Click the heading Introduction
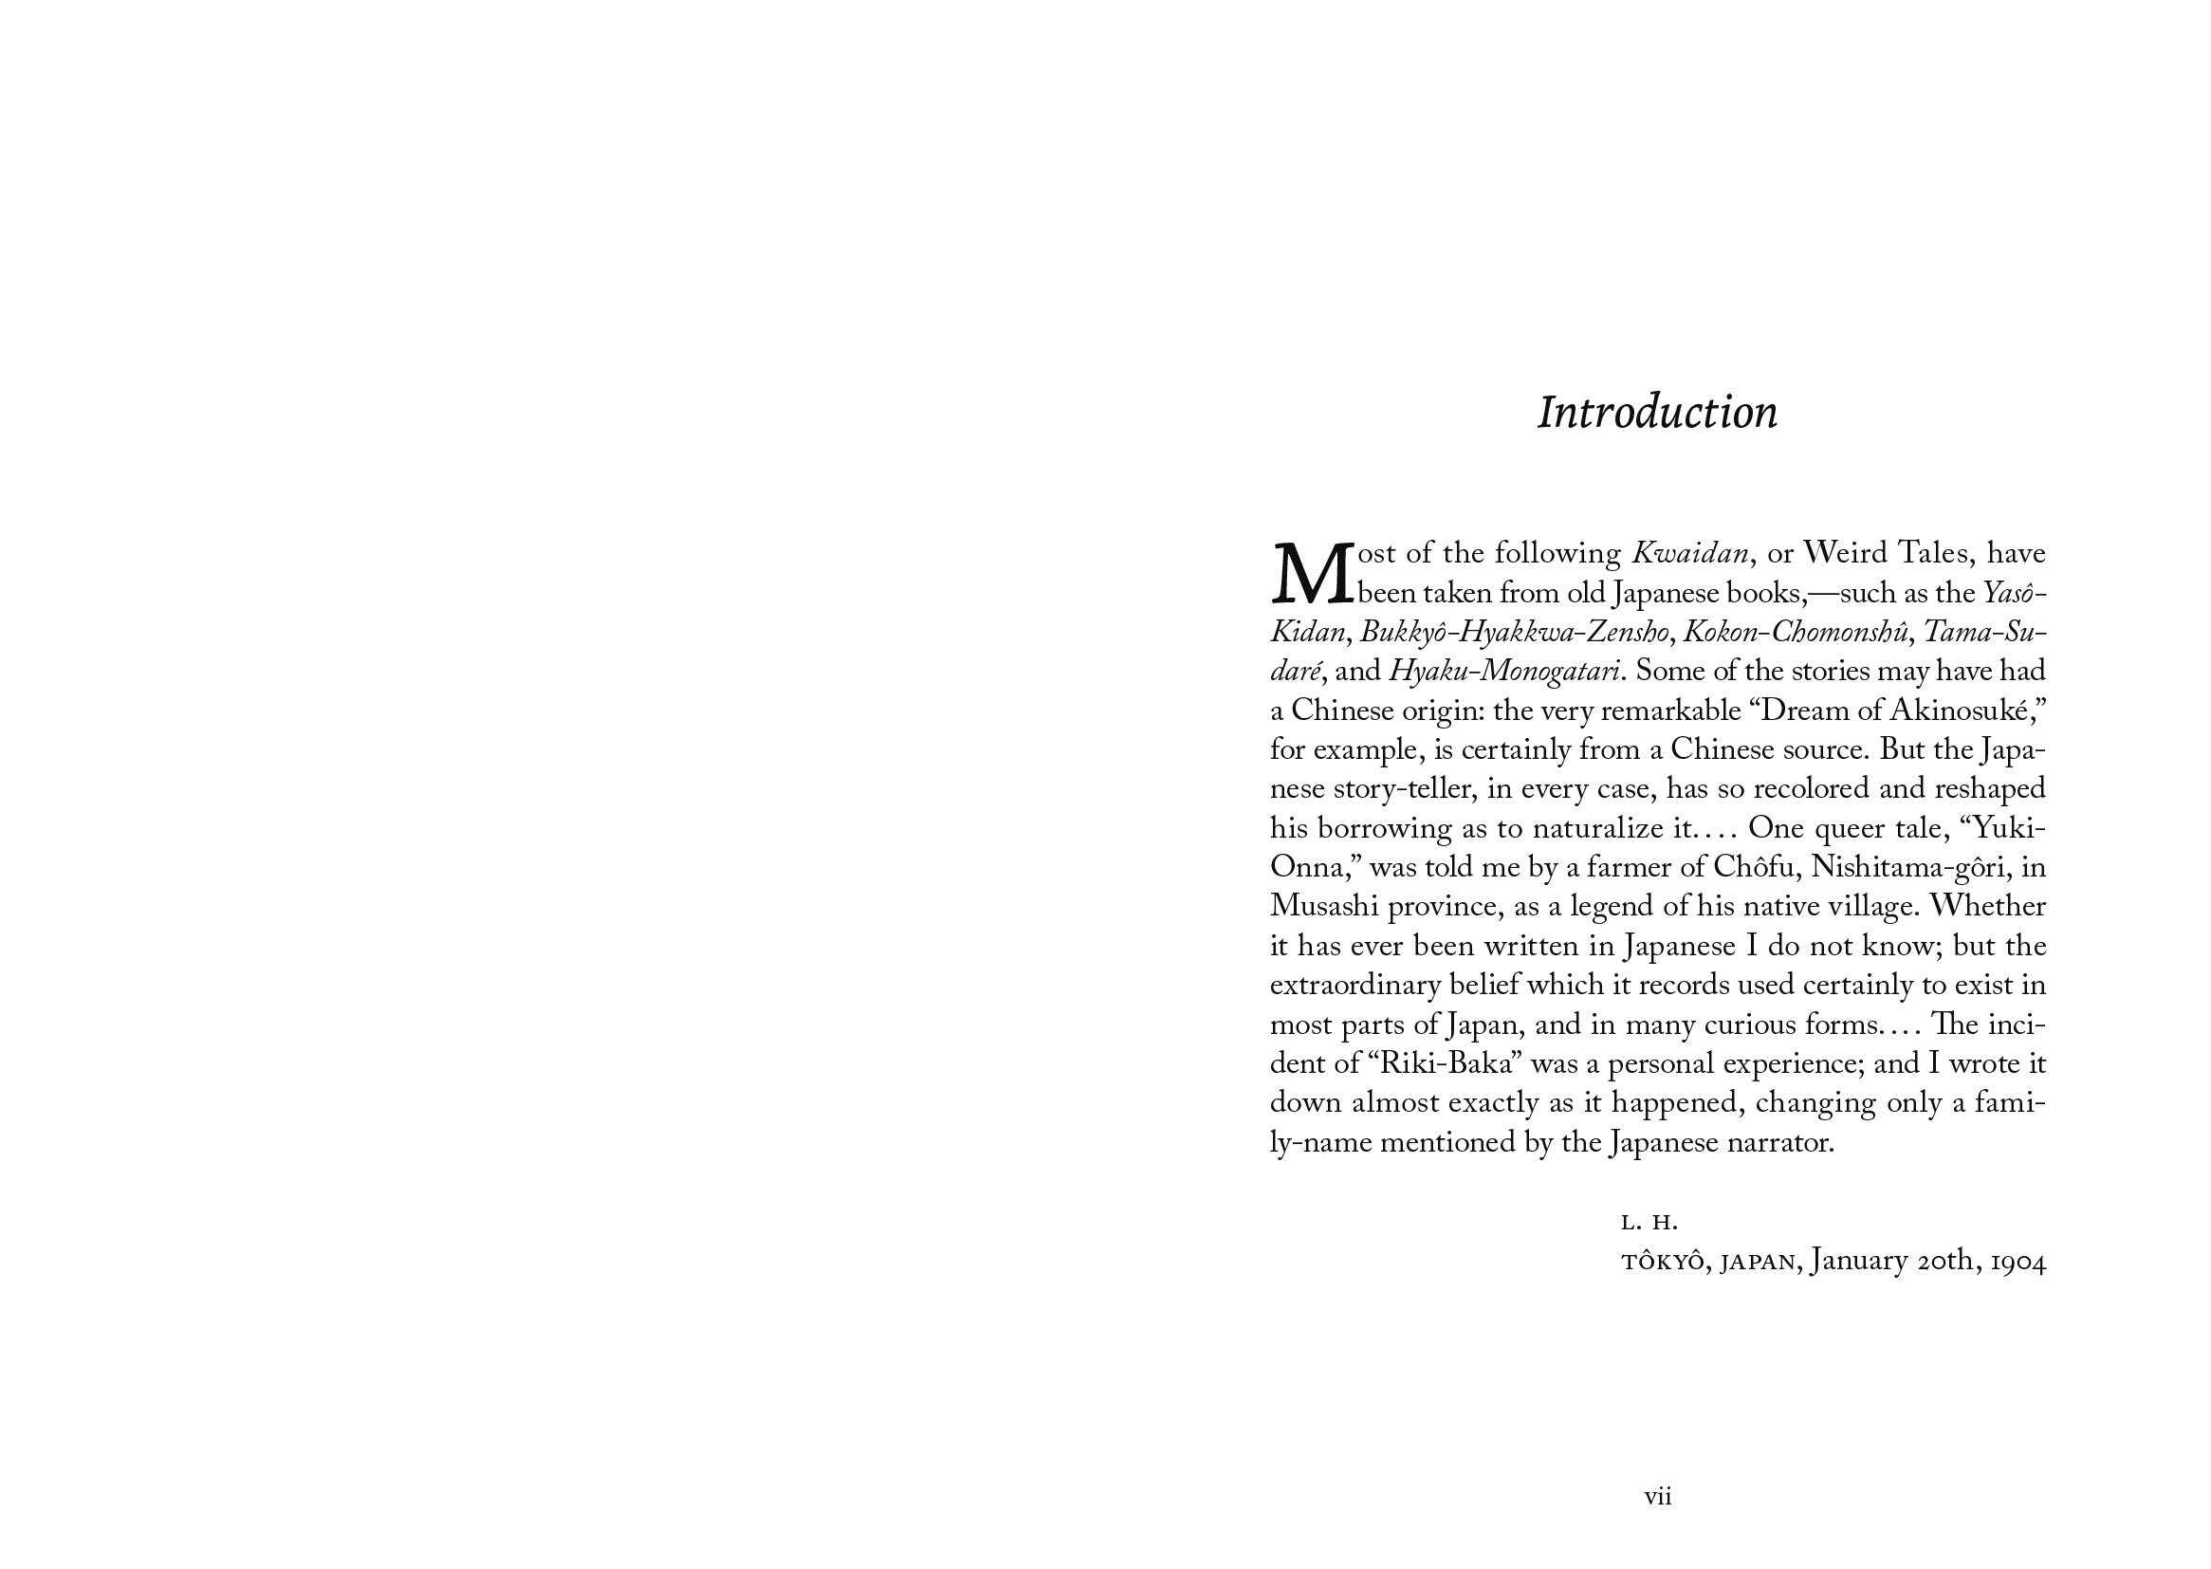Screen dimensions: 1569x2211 1656,413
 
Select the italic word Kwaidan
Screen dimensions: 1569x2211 1689,554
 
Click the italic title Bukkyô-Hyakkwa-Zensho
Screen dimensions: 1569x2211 1515,633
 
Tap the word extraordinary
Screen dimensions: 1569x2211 1356,986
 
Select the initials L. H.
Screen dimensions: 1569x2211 1649,1223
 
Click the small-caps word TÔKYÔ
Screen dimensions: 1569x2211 1663,1263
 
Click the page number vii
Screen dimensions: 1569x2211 1657,1497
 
